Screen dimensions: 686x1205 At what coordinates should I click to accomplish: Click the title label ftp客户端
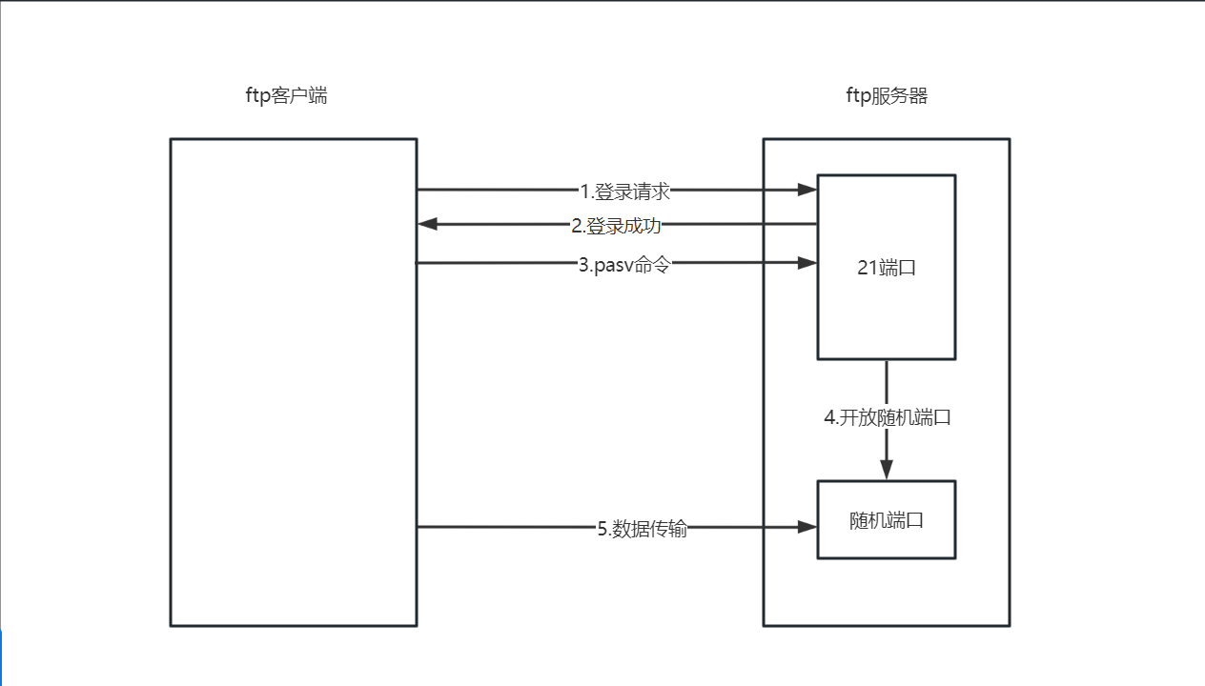[286, 95]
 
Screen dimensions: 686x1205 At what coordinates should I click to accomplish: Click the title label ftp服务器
[887, 95]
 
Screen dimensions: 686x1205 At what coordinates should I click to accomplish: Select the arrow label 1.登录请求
[625, 192]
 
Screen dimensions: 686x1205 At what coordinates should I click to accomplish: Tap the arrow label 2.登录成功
[616, 226]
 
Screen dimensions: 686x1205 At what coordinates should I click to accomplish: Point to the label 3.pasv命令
[624, 265]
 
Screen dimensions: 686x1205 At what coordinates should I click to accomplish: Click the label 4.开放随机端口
[888, 417]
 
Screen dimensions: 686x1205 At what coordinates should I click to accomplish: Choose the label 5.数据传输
[643, 529]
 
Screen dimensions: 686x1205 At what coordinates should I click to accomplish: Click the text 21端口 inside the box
[887, 268]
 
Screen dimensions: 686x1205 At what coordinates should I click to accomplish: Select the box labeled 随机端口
[887, 520]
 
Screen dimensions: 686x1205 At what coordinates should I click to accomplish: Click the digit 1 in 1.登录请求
[584, 192]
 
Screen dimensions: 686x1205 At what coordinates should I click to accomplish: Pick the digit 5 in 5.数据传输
[602, 529]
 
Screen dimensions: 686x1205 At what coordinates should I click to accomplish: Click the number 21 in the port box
[868, 268]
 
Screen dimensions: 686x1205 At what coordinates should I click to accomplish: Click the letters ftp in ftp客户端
[258, 95]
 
